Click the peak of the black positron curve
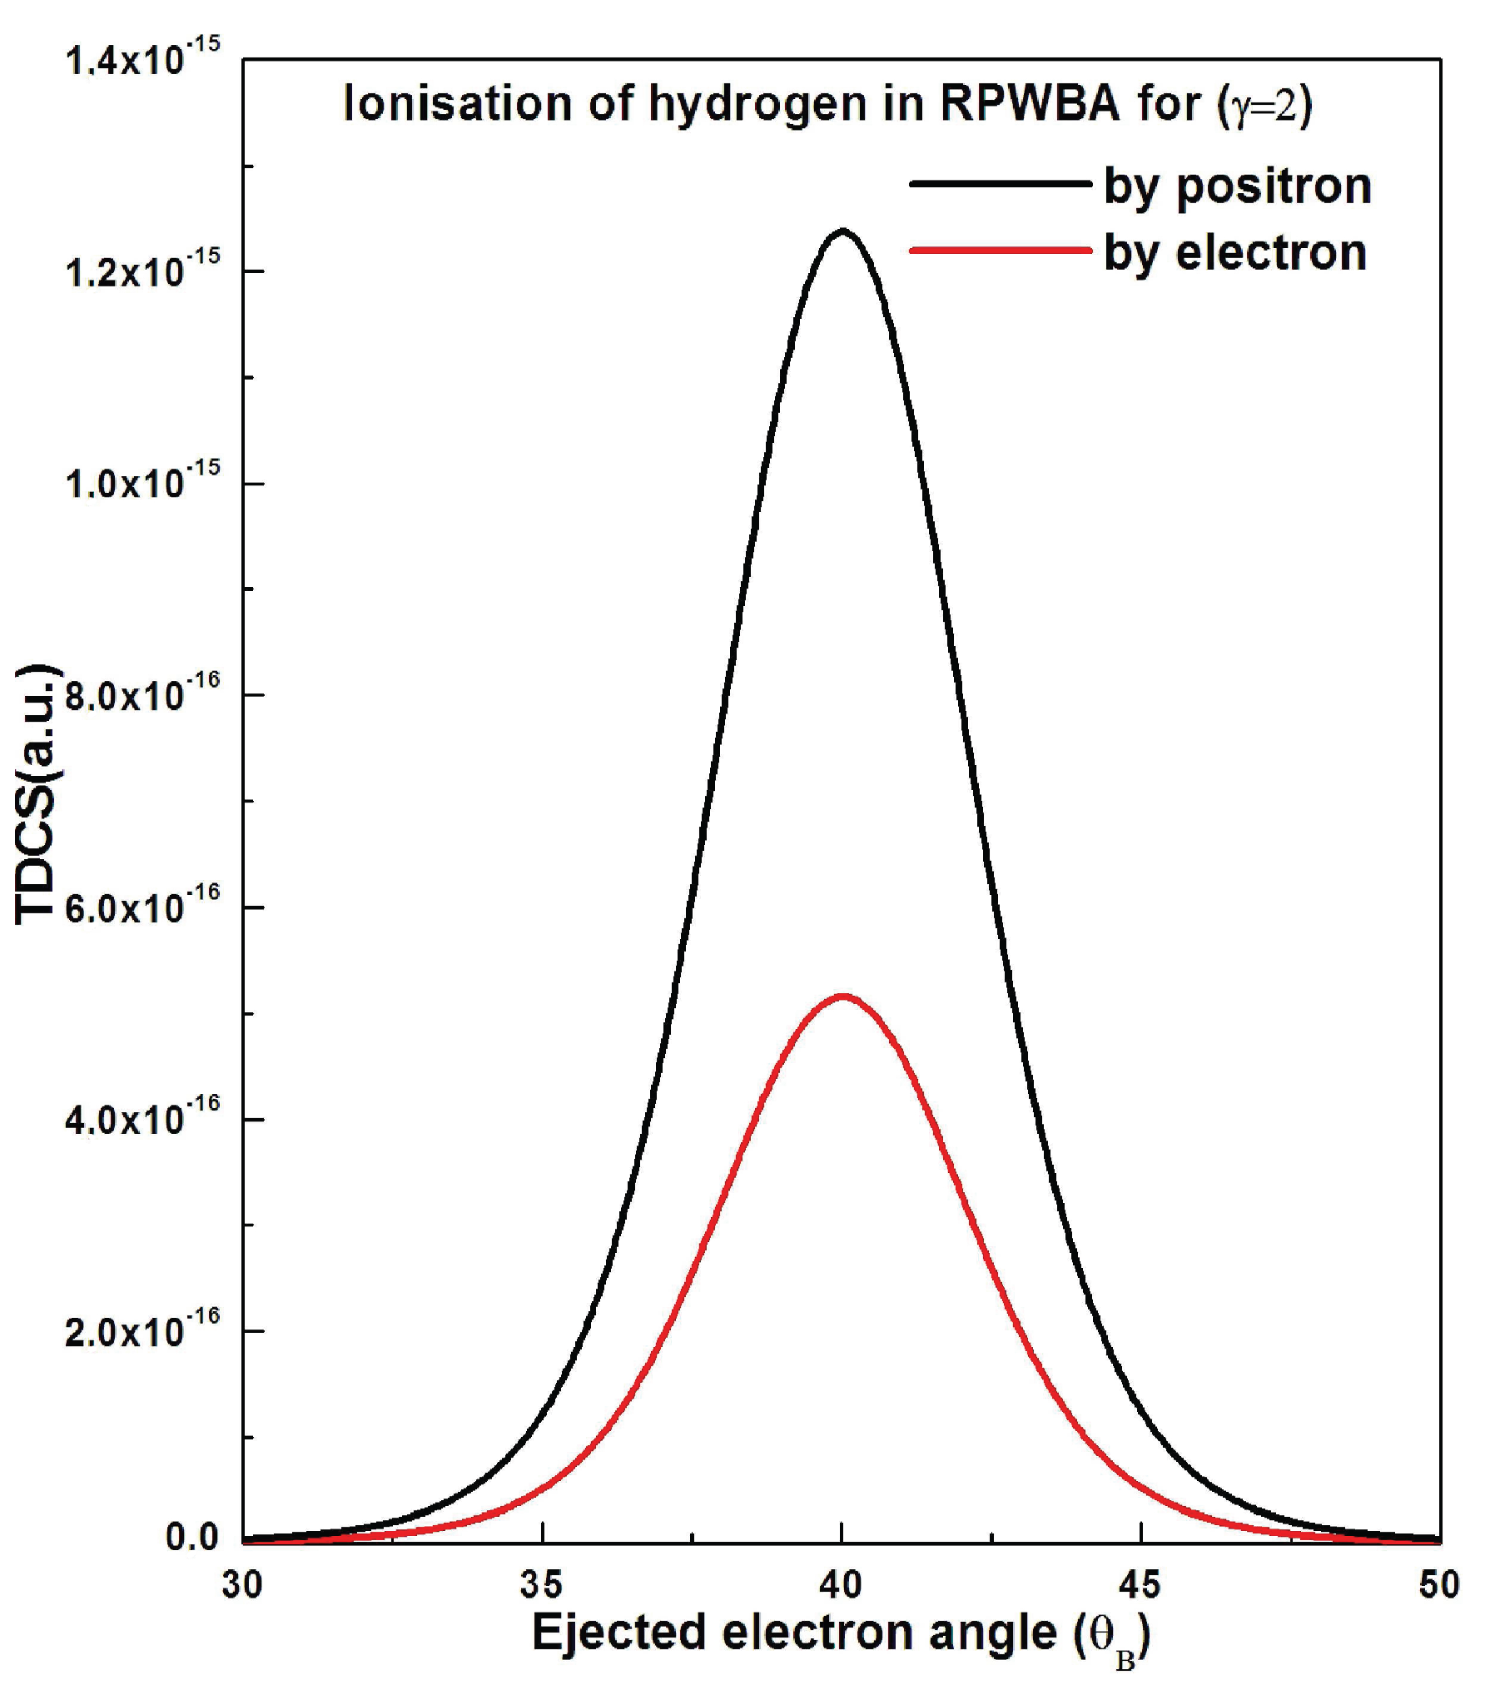click(x=842, y=231)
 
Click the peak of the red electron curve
click(x=842, y=996)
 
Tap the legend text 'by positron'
click(x=1237, y=186)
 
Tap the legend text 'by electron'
click(x=1234, y=252)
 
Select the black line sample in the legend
click(x=999, y=183)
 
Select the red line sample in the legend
click(x=999, y=250)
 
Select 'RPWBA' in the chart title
click(x=1029, y=104)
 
